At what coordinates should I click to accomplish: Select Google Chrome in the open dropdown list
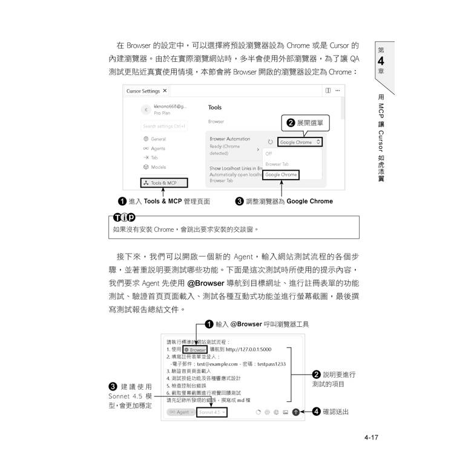click(281, 174)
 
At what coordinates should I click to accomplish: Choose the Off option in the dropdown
click(268, 153)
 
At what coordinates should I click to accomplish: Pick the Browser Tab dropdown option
click(277, 164)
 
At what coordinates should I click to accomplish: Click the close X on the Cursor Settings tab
click(165, 91)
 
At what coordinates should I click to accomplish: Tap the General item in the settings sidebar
click(158, 139)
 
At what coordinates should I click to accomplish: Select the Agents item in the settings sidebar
click(157, 148)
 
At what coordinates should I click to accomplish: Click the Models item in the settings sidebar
click(158, 167)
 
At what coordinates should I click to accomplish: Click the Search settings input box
click(164, 126)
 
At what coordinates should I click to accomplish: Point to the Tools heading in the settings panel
click(215, 107)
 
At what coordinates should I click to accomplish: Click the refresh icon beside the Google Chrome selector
click(270, 142)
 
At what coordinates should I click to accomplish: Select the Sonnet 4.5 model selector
click(212, 412)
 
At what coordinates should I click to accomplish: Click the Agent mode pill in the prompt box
click(181, 412)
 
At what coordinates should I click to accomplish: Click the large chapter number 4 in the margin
click(381, 61)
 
